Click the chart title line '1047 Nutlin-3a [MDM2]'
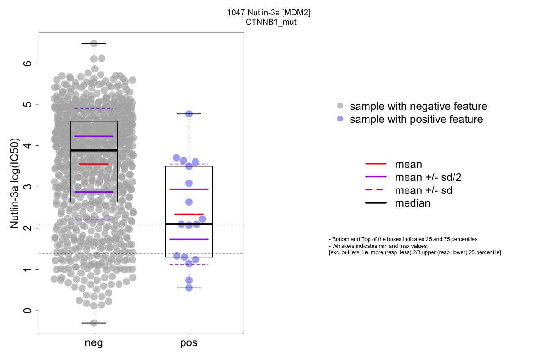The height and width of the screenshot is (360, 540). click(x=269, y=13)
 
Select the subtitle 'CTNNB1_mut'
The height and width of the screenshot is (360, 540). click(x=269, y=22)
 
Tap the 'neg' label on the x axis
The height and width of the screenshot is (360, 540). click(x=94, y=343)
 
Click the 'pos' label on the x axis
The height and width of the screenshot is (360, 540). click(x=189, y=343)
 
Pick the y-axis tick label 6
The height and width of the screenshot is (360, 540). click(x=28, y=63)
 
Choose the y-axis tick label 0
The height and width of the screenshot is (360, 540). click(x=28, y=310)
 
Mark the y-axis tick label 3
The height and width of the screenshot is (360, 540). click(x=28, y=187)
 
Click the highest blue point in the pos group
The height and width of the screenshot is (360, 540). click(x=189, y=114)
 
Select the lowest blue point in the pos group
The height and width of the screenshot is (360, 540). click(x=189, y=288)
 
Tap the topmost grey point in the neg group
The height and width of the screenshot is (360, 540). click(x=94, y=44)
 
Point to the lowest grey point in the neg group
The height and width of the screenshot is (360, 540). click(x=94, y=323)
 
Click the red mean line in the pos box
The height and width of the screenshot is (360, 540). click(x=189, y=214)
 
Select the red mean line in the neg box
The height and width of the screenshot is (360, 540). click(x=94, y=164)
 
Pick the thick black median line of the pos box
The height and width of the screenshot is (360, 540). click(x=189, y=224)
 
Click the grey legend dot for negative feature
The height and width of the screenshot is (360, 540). click(x=340, y=106)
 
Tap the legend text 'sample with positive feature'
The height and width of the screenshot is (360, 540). click(x=416, y=120)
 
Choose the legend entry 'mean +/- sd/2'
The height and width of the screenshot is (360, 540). click(x=428, y=177)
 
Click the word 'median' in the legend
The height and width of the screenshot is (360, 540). click(x=413, y=203)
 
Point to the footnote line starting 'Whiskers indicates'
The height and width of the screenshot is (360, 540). click(x=378, y=246)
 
